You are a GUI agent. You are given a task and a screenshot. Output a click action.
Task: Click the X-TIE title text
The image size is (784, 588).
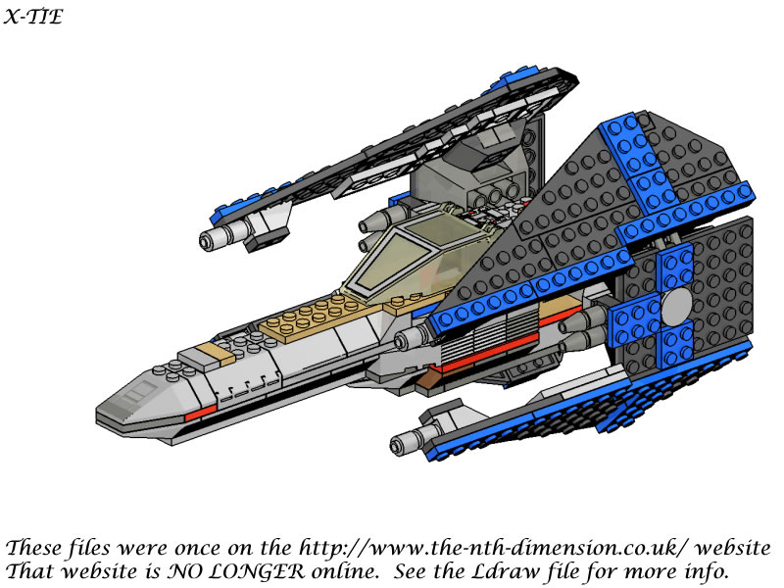[x=33, y=17]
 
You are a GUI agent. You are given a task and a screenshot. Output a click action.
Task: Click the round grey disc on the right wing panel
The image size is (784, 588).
[x=676, y=305]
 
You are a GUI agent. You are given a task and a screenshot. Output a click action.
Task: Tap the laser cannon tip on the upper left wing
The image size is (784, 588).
[x=206, y=241]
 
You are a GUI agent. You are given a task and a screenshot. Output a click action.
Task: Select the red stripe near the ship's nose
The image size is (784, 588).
[x=200, y=413]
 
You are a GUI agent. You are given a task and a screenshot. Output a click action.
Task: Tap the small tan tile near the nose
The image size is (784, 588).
[x=215, y=353]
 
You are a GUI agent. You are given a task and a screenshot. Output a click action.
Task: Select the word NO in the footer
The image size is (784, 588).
[x=189, y=570]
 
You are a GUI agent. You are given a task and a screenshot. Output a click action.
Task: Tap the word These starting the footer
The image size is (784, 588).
[x=34, y=548]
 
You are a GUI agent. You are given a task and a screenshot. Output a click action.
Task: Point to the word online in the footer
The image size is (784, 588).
[x=344, y=571]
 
